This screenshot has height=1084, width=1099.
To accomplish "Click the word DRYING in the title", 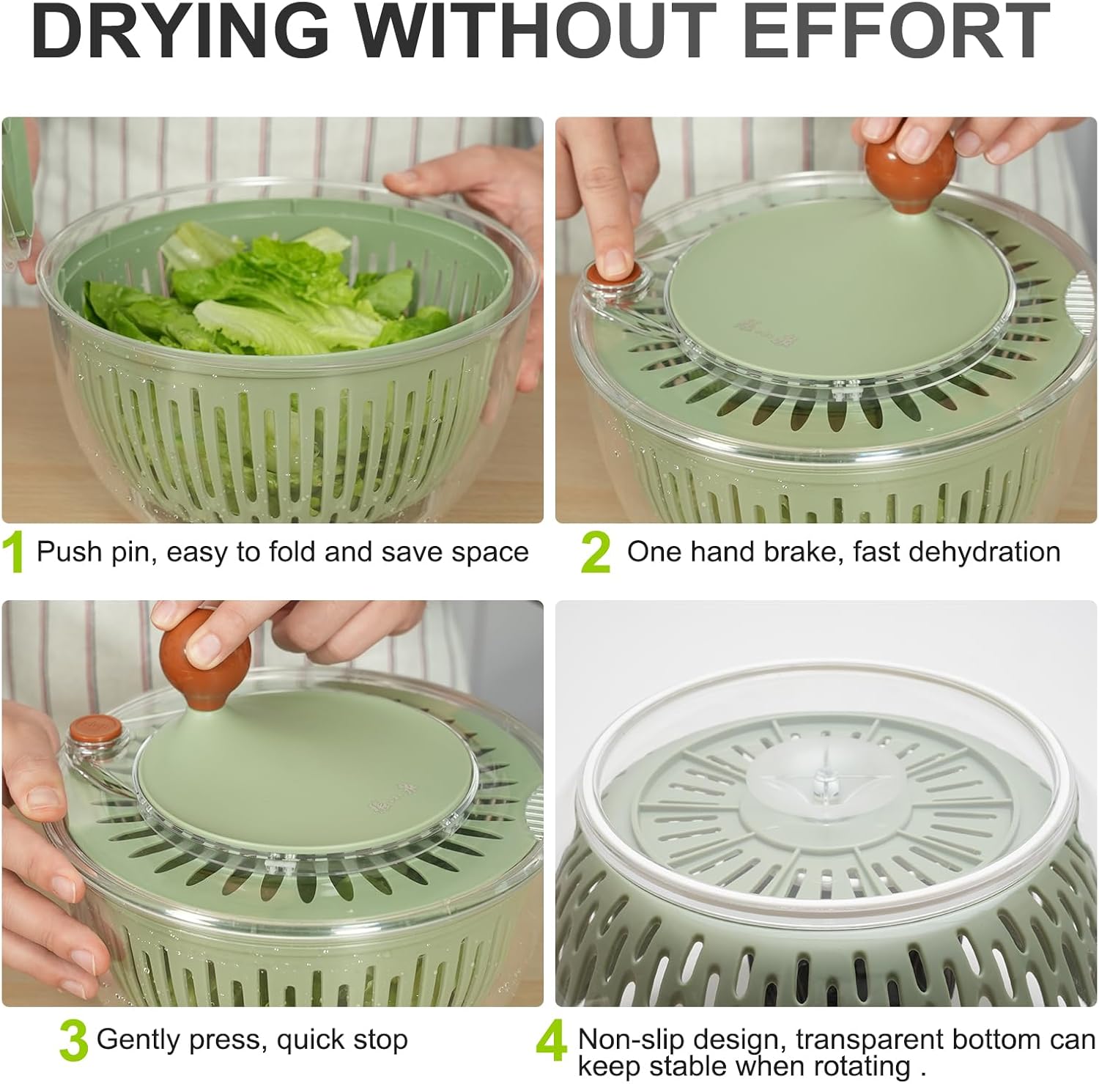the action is pyautogui.click(x=180, y=31).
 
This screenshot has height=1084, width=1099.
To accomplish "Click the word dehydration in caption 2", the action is pyautogui.click(x=983, y=551).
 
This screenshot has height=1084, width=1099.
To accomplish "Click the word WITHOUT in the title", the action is pyautogui.click(x=536, y=31).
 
